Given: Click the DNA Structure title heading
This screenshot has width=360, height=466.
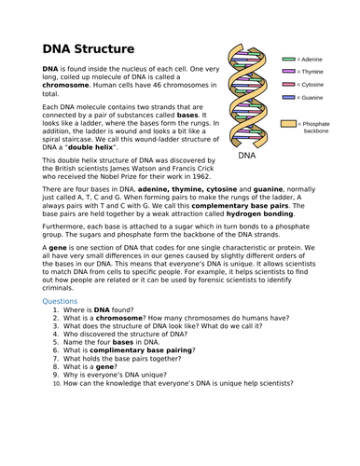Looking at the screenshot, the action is pyautogui.click(x=89, y=49).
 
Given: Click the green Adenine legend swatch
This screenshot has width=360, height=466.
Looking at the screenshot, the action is pyautogui.click(x=288, y=59).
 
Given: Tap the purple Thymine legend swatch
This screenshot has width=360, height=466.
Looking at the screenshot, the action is pyautogui.click(x=288, y=72).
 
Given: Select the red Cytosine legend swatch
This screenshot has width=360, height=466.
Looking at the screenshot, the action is pyautogui.click(x=288, y=85).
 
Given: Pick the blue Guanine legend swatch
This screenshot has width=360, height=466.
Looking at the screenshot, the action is pyautogui.click(x=288, y=98).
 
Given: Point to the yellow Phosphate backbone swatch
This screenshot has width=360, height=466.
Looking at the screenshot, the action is pyautogui.click(x=288, y=124).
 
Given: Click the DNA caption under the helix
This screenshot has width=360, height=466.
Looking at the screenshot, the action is pyautogui.click(x=247, y=156).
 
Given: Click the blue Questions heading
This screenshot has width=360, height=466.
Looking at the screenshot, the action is pyautogui.click(x=60, y=301).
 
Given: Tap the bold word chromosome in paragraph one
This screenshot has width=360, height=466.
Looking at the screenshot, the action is pyautogui.click(x=65, y=85).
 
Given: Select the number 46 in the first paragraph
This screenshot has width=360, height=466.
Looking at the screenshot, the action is pyautogui.click(x=158, y=85).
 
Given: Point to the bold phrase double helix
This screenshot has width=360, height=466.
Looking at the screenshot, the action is pyautogui.click(x=90, y=147).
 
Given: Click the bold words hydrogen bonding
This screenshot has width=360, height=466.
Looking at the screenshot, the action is pyautogui.click(x=259, y=213).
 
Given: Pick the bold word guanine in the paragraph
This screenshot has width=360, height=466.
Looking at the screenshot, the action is pyautogui.click(x=268, y=189).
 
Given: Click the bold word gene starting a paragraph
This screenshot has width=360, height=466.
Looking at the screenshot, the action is pyautogui.click(x=58, y=248).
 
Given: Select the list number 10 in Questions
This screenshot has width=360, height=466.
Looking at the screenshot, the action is pyautogui.click(x=57, y=384).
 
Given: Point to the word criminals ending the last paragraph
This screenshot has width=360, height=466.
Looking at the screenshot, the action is pyautogui.click(x=57, y=288).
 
